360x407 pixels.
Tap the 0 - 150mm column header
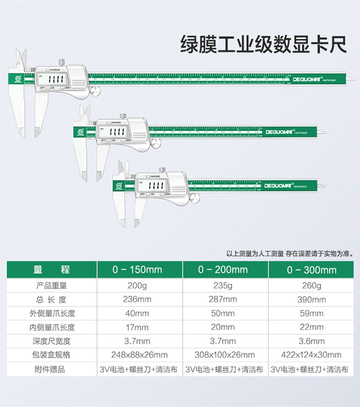(137, 270)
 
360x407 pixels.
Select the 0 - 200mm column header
(223, 270)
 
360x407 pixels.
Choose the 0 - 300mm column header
(312, 270)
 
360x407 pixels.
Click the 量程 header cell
(51, 270)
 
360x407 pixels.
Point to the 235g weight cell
(223, 286)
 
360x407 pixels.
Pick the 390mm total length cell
(312, 300)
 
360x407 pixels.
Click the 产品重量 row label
(51, 286)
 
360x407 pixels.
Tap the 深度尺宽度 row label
(51, 341)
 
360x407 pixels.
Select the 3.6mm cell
(312, 341)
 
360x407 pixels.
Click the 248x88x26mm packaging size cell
(137, 355)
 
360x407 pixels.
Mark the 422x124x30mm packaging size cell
(312, 355)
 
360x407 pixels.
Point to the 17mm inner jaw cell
(137, 327)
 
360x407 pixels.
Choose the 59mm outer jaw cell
(312, 314)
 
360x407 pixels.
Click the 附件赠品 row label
(51, 370)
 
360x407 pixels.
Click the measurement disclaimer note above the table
(291, 253)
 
